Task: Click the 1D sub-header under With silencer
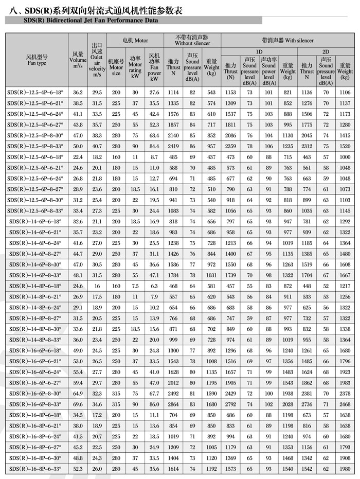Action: [x=259, y=52]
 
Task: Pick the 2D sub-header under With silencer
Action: [x=326, y=52]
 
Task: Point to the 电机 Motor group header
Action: [x=135, y=40]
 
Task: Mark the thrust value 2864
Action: [x=173, y=404]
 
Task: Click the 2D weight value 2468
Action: [x=345, y=404]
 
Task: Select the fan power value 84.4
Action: [x=154, y=146]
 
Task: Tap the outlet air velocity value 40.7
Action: [x=97, y=146]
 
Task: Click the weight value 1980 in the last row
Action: [x=345, y=469]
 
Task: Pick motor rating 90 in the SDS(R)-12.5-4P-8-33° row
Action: [x=135, y=146]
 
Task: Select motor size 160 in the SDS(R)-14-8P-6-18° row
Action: [x=116, y=286]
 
